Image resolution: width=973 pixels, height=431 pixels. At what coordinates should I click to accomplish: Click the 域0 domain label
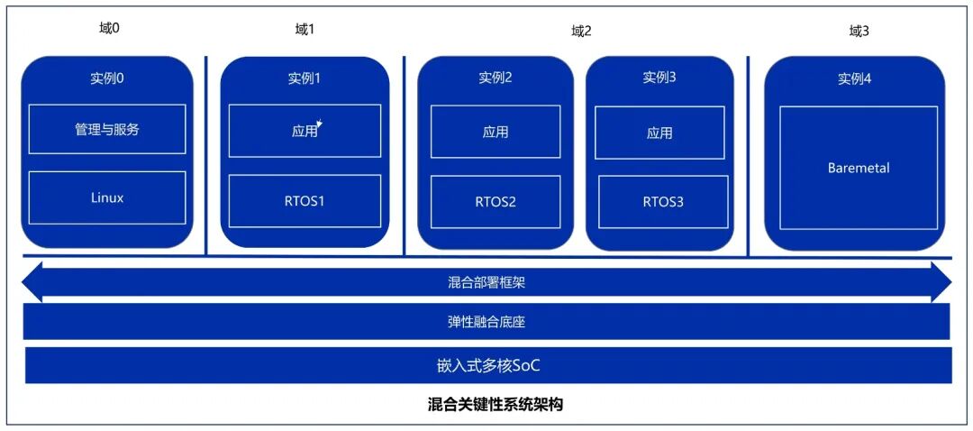coord(109,28)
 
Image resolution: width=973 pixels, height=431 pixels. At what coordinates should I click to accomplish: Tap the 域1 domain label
coord(305,30)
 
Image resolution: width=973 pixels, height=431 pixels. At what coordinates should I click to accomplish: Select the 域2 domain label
coord(581,31)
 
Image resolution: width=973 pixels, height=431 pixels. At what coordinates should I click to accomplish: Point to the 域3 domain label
coord(859,31)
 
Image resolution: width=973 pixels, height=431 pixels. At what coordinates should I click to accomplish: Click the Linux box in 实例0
coord(107,197)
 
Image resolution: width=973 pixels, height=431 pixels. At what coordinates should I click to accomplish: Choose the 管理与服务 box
coord(107,129)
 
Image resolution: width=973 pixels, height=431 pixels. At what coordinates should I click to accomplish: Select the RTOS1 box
coord(305,200)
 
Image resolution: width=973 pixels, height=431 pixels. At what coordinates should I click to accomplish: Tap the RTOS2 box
coord(495,201)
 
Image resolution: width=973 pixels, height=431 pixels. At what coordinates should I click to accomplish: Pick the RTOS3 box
coord(663,201)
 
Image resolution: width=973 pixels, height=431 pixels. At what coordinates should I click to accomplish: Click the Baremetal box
coord(858,168)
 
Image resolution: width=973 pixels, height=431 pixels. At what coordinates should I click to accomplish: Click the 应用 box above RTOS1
coord(305,131)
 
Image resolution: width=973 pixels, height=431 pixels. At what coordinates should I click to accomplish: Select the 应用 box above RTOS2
coord(495,132)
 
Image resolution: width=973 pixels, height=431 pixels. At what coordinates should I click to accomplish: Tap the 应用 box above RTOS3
coord(659,133)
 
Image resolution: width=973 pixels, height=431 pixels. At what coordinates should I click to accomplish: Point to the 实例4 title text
coord(854,78)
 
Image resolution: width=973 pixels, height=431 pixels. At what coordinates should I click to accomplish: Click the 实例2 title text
coord(495,78)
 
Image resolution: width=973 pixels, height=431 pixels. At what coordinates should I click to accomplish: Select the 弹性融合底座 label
coord(486,321)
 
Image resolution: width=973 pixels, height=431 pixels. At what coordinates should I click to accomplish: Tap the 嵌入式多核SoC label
coord(487,365)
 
